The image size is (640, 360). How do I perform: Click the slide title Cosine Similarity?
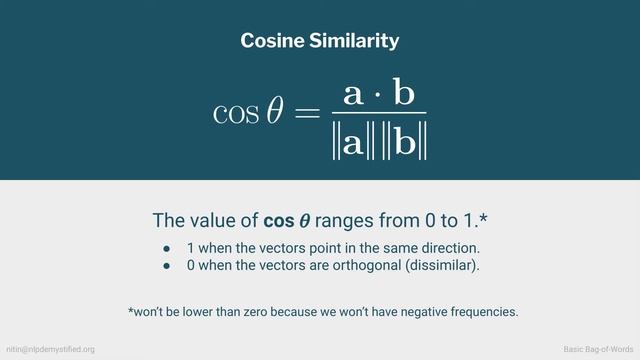(320, 41)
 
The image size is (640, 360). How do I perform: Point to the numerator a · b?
(377, 94)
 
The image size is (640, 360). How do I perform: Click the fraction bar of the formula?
(377, 113)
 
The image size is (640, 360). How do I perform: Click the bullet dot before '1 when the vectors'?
(168, 247)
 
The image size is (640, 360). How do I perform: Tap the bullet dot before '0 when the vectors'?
(168, 265)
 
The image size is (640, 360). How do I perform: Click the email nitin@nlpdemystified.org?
(51, 349)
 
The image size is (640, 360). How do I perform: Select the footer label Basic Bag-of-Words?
(598, 349)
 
